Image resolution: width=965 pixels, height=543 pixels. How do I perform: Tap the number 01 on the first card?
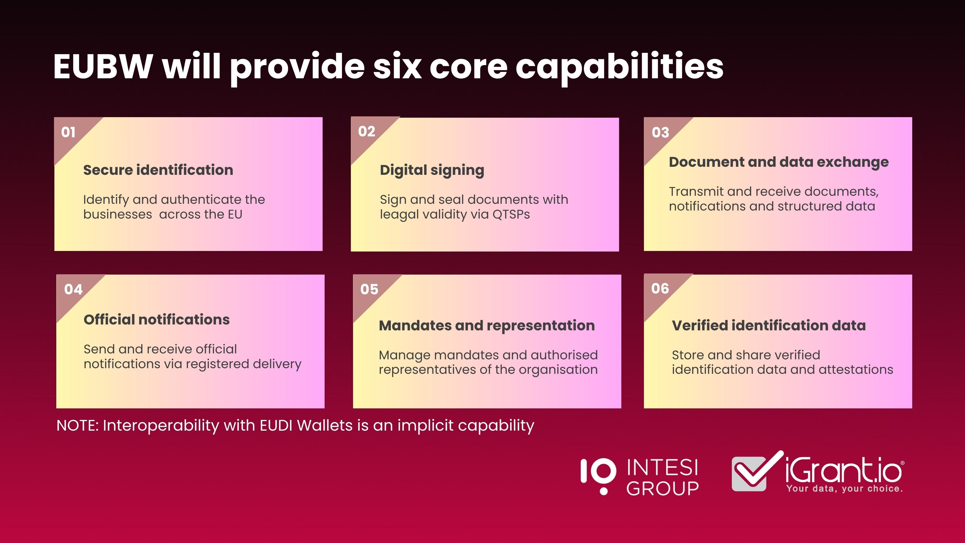click(x=68, y=132)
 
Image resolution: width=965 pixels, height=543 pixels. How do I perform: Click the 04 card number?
click(x=73, y=289)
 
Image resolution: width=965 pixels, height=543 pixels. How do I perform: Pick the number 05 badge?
click(x=369, y=289)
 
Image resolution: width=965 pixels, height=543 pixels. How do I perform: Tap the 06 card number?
click(x=660, y=289)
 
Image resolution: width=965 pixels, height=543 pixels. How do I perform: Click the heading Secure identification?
click(x=158, y=170)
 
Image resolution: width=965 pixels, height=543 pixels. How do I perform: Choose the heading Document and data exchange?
click(x=779, y=162)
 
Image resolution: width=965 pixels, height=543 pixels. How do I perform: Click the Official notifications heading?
click(x=157, y=320)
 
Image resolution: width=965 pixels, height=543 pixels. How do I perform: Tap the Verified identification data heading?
click(x=769, y=325)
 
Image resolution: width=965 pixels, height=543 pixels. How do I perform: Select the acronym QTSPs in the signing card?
click(x=511, y=214)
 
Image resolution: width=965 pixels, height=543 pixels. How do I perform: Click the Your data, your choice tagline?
click(x=845, y=489)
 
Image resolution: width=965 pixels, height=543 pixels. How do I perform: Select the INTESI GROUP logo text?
click(x=662, y=477)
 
